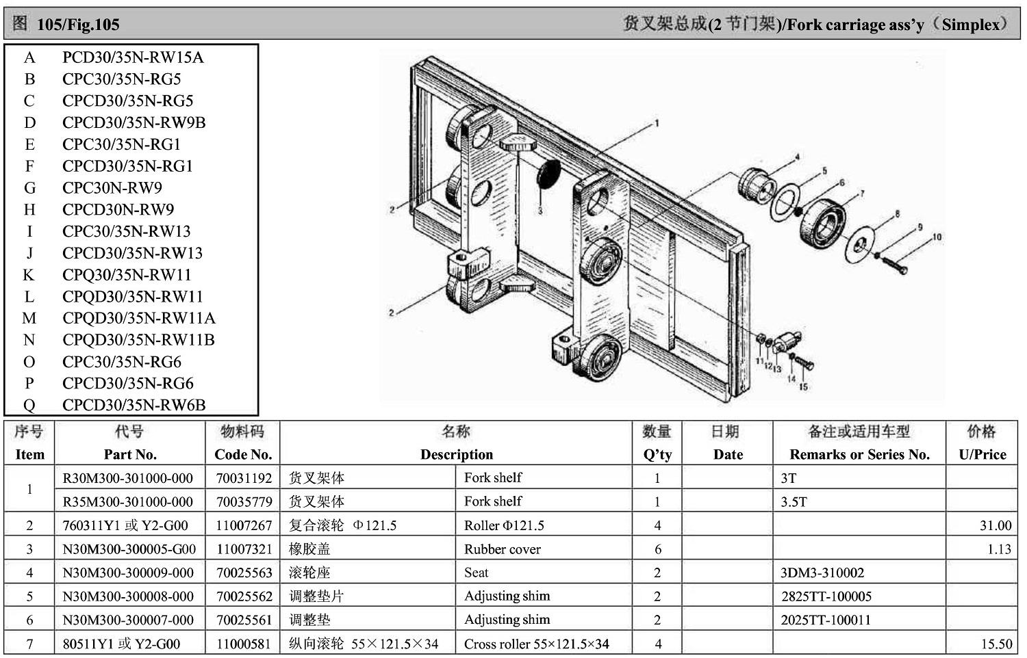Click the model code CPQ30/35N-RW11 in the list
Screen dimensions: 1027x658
tap(127, 275)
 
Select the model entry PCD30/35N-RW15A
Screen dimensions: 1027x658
tap(133, 57)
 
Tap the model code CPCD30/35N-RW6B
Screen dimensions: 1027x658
tap(134, 405)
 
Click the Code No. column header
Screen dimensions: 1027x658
tap(243, 454)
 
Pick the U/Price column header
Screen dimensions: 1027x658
tap(982, 454)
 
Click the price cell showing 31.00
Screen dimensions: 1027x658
tap(996, 525)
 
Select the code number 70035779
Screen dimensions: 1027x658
tap(244, 501)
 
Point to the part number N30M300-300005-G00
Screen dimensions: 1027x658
tap(129, 549)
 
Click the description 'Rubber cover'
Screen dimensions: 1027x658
tap(502, 549)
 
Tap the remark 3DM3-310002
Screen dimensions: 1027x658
tap(822, 573)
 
